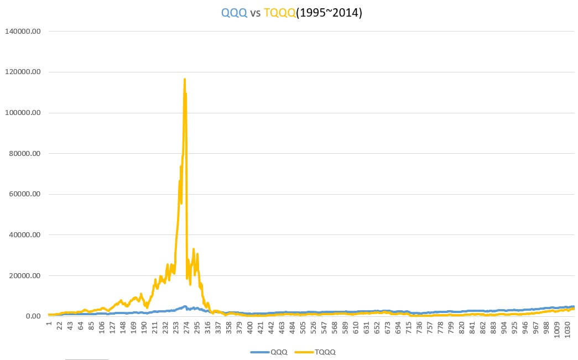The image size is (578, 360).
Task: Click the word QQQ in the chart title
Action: click(234, 13)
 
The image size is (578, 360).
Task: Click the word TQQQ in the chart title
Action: click(280, 13)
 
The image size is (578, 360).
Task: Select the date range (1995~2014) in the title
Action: click(329, 13)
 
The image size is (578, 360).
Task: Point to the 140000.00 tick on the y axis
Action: click(23, 32)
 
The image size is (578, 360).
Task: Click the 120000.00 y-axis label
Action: click(23, 72)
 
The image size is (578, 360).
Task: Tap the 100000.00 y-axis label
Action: click(23, 113)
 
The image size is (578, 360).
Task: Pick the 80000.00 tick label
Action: click(25, 154)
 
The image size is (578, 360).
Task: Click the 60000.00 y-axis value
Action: click(25, 194)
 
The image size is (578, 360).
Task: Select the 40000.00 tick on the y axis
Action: click(25, 235)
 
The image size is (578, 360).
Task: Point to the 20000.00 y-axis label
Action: click(25, 276)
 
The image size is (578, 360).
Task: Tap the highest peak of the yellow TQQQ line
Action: click(185, 79)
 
